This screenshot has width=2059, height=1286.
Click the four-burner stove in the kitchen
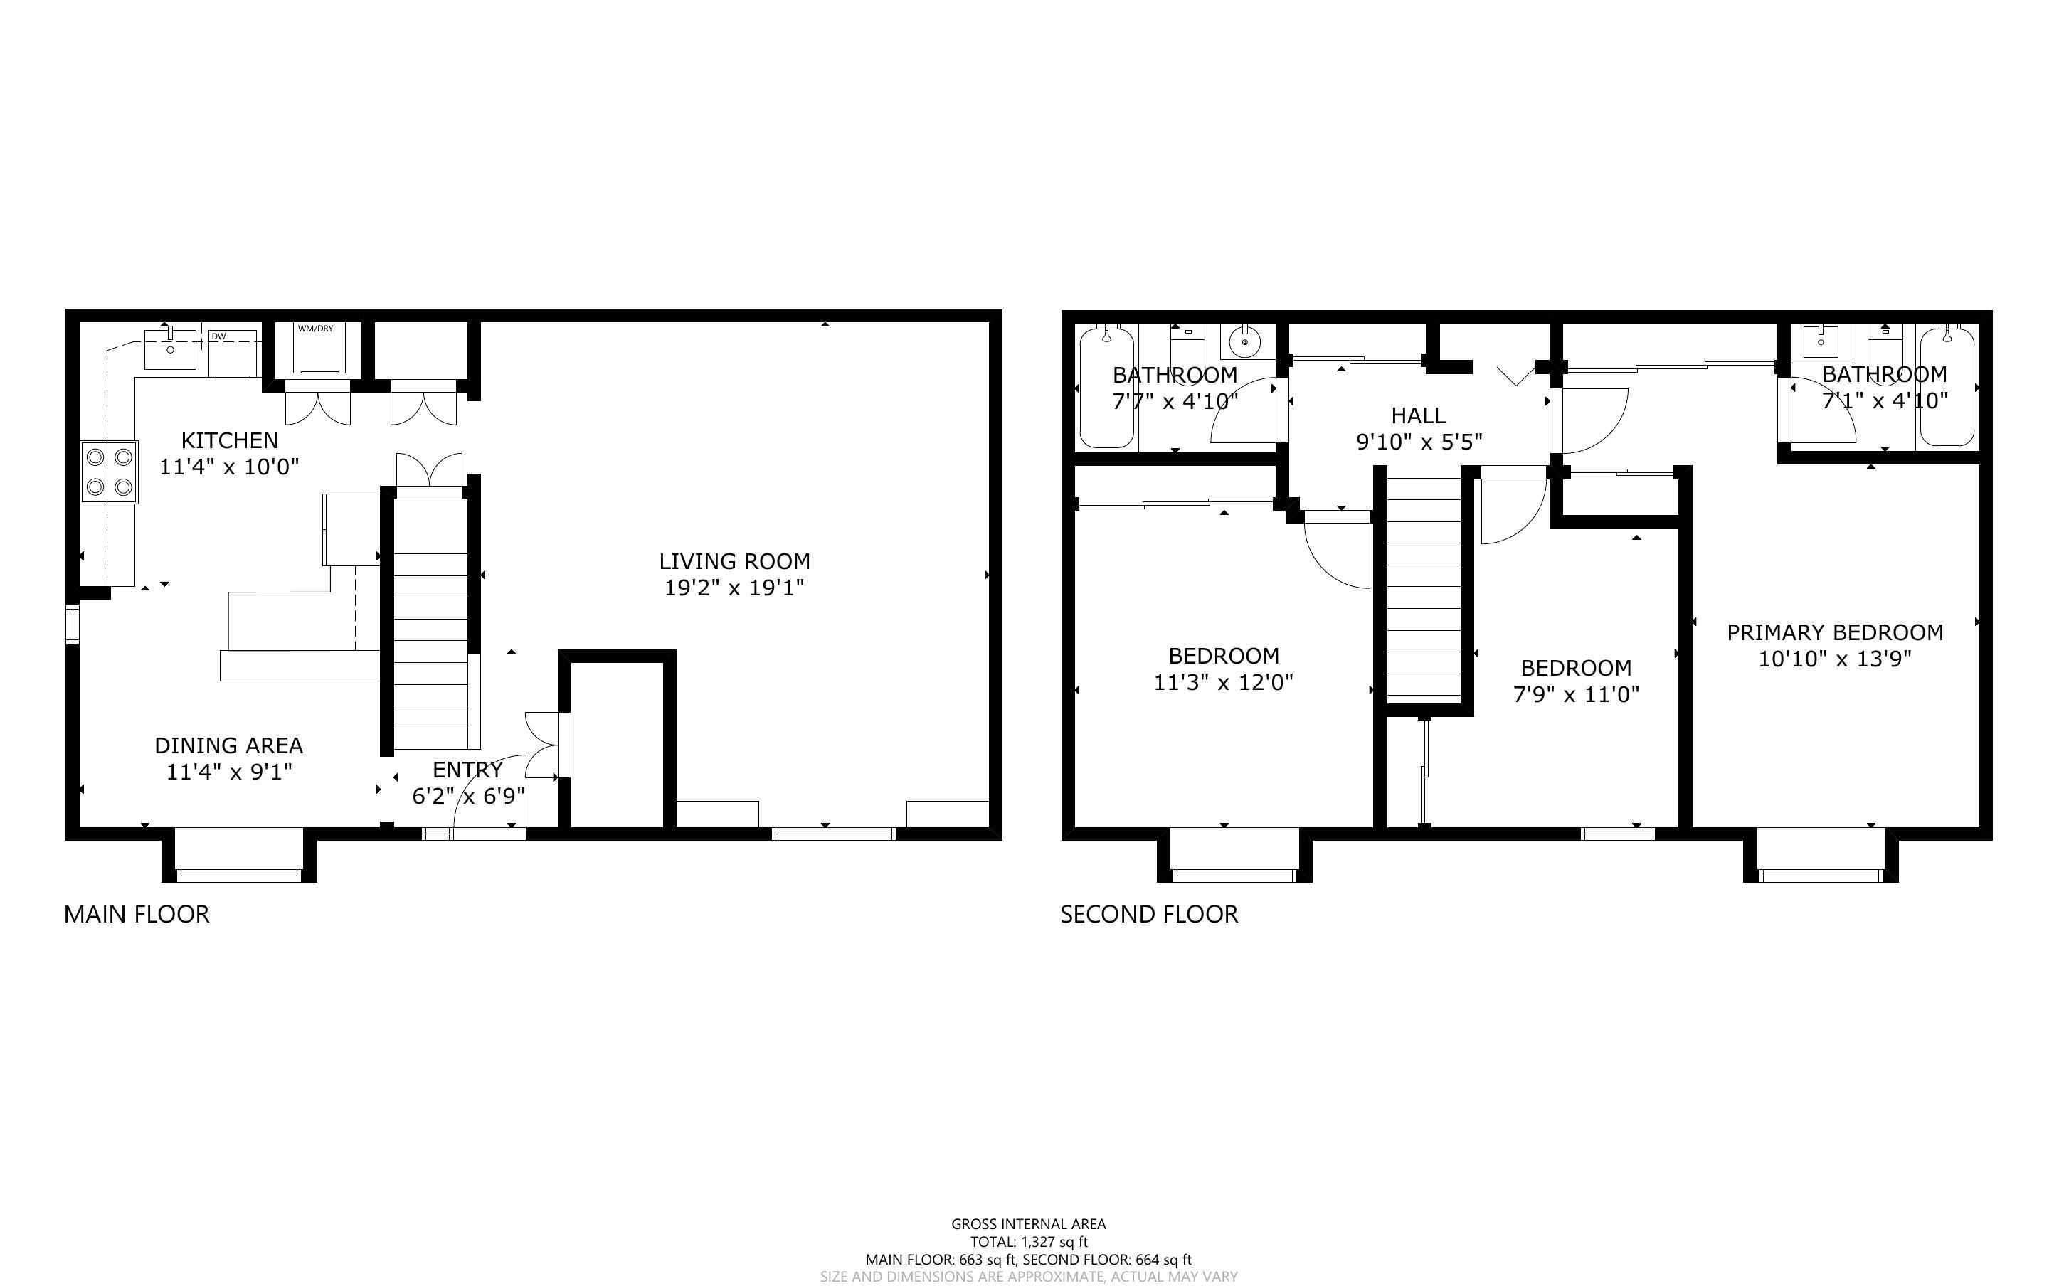tap(110, 472)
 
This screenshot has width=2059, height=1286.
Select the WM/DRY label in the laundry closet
tap(315, 329)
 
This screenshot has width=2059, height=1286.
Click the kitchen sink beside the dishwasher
tap(170, 349)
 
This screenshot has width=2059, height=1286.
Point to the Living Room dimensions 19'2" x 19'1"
tap(734, 588)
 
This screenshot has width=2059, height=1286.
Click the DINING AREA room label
tap(229, 745)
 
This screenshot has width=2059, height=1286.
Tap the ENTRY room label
tap(467, 770)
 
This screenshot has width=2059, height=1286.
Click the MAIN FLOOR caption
tap(136, 914)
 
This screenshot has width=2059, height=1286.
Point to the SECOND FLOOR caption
tap(1148, 914)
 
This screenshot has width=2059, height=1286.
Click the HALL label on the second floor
tap(1418, 416)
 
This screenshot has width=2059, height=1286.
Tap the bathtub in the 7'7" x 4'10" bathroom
tap(1106, 388)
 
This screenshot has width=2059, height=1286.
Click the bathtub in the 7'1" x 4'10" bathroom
tap(1947, 386)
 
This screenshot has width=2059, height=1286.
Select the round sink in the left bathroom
tap(1245, 342)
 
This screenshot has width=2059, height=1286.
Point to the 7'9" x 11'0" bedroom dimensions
tap(1576, 694)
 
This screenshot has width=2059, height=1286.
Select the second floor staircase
tap(1424, 587)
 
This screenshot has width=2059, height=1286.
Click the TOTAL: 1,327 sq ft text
tap(1028, 1242)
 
